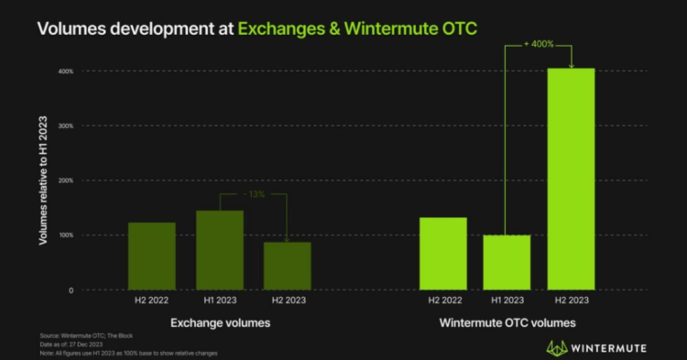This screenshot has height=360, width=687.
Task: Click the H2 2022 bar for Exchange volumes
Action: [x=151, y=256]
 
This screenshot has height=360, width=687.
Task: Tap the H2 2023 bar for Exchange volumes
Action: [x=288, y=266]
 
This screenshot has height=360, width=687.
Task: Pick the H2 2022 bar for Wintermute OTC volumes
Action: [x=443, y=253]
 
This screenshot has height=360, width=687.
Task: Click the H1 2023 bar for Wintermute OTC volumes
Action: [x=507, y=262]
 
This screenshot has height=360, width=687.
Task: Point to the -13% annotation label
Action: [x=254, y=195]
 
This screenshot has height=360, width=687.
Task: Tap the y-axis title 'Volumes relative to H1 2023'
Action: [x=43, y=180]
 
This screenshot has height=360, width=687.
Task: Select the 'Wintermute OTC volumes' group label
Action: [x=507, y=323]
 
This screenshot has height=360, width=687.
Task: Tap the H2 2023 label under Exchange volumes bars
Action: [x=288, y=300]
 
